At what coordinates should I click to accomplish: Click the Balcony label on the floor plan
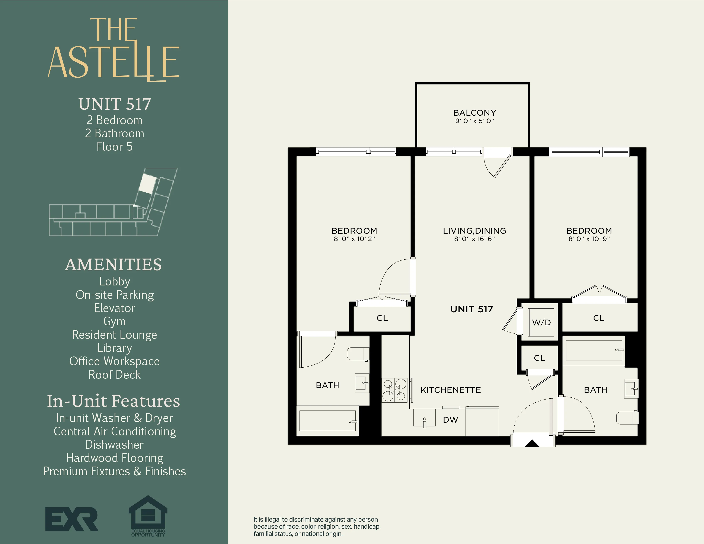(x=474, y=113)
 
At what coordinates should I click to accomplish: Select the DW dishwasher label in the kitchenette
(x=450, y=420)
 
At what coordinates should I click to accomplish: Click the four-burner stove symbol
(x=394, y=390)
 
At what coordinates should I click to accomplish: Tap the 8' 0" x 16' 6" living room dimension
(x=474, y=239)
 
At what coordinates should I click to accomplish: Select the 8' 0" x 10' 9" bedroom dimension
(x=589, y=239)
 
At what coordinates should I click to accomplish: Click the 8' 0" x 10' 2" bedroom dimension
(x=354, y=239)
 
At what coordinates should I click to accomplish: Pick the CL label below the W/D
(x=539, y=358)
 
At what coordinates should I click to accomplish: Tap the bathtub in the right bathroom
(x=594, y=351)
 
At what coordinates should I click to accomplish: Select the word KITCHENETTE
(x=450, y=390)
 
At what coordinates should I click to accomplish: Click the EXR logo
(x=71, y=519)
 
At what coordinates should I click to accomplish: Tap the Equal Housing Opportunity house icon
(x=148, y=513)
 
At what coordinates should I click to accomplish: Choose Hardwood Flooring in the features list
(x=114, y=458)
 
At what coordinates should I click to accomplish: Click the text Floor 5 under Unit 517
(x=114, y=147)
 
